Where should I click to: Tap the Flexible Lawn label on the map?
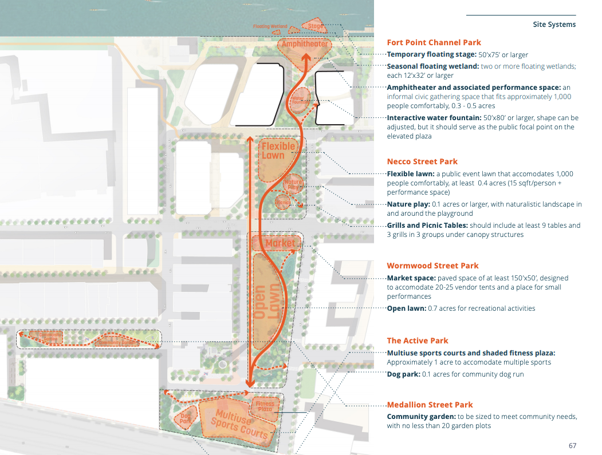[278, 151]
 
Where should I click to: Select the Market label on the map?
[280, 243]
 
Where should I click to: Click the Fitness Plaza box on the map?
[265, 406]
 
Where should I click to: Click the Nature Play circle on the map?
[293, 184]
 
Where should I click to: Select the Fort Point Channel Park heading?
[434, 42]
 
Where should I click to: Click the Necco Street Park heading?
[422, 161]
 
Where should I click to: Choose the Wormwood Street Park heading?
[432, 266]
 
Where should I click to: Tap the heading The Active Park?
[417, 341]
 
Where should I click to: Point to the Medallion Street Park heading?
[430, 405]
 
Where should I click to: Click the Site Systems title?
[554, 25]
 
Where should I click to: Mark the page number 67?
[572, 445]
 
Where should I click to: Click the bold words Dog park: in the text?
[403, 374]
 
